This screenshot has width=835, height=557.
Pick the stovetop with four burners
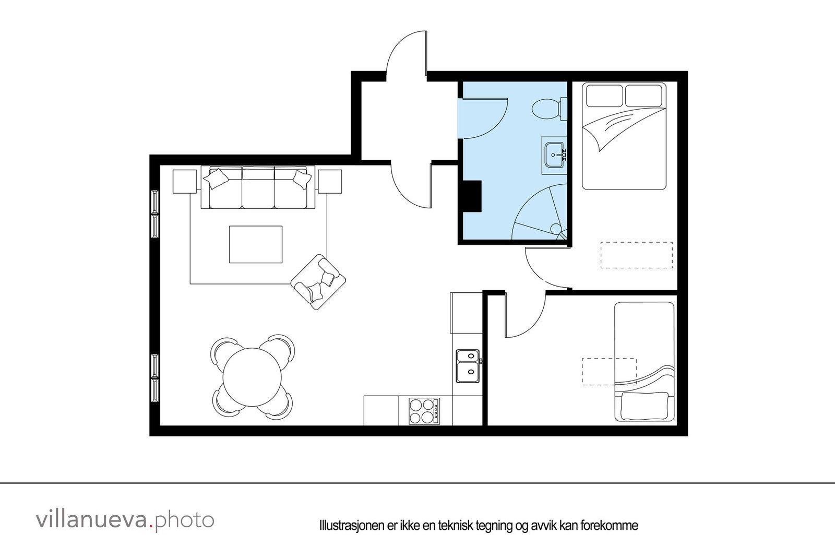[x=423, y=411]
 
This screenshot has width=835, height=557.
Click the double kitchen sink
[x=468, y=365]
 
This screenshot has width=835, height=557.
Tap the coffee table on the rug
[x=256, y=244]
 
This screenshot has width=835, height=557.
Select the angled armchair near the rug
[x=318, y=282]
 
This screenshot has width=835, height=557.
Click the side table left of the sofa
[x=184, y=181]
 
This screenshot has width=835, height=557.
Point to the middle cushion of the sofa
[x=258, y=188]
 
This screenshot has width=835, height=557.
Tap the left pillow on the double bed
[x=604, y=96]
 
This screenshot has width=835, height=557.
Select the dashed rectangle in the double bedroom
[x=636, y=255]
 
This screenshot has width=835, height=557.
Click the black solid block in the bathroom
[x=472, y=196]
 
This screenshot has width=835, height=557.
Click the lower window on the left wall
[x=155, y=377]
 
